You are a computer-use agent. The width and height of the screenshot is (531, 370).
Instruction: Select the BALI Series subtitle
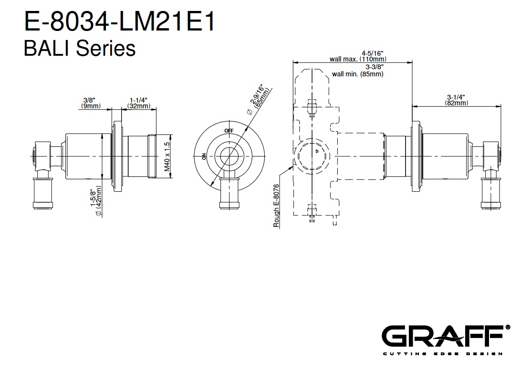point(80,48)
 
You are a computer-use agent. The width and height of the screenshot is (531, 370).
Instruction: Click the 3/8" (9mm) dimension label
point(91,103)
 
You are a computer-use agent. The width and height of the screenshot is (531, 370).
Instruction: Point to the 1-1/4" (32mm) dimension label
point(139,103)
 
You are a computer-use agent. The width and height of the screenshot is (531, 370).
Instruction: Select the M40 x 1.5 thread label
point(167,156)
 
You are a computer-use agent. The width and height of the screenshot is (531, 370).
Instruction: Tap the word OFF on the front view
point(229,131)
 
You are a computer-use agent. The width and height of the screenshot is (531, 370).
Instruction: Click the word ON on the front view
point(204,156)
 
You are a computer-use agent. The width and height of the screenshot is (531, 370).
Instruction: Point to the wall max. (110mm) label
point(358,59)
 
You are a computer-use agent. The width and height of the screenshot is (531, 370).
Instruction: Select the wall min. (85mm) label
point(358,74)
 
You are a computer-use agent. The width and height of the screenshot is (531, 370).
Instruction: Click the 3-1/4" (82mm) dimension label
point(457,100)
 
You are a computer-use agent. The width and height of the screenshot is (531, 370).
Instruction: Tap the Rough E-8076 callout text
point(276,206)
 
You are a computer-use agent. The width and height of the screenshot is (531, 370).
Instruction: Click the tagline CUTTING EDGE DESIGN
point(443,354)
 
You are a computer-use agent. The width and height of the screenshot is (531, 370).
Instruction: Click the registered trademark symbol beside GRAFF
point(508,328)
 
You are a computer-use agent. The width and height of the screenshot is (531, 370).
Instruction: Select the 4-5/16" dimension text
point(372,53)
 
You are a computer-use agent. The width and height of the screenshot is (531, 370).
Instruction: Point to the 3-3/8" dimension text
point(375,67)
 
